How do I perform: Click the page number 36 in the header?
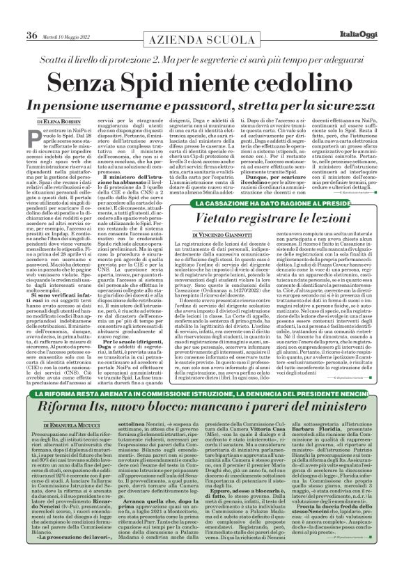click(x=31, y=15)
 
